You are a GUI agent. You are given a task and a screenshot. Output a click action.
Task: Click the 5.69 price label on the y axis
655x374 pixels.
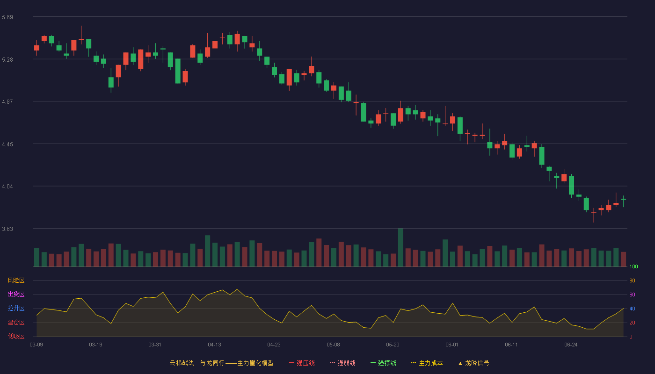[7, 17]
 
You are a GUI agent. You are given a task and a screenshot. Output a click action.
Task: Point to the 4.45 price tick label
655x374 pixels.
[7, 144]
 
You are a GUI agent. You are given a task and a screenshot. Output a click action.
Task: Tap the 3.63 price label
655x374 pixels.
[7, 229]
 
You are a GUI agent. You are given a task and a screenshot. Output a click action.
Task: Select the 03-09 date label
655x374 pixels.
[36, 345]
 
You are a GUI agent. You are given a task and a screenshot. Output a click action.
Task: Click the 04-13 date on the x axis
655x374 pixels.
[214, 345]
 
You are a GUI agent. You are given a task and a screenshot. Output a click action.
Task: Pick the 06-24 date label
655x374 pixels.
[571, 345]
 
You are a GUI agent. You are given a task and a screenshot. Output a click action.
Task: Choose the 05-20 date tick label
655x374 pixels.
[393, 345]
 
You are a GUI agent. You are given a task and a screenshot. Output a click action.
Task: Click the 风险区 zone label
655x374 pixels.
[16, 280]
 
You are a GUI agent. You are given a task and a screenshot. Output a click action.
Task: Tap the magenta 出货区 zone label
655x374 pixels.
[16, 294]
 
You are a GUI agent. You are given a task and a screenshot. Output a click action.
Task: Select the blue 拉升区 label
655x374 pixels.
[16, 308]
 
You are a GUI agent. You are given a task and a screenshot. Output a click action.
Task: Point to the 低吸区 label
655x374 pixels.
[16, 336]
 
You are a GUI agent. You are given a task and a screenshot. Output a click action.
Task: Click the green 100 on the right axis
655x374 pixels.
[633, 266]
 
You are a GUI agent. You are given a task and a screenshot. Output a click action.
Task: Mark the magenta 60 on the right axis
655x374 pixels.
[632, 295]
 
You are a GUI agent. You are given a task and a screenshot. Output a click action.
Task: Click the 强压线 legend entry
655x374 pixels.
[302, 363]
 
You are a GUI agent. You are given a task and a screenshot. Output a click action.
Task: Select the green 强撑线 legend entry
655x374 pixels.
[383, 363]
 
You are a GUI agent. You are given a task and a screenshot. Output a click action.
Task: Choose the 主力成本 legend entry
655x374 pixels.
[427, 363]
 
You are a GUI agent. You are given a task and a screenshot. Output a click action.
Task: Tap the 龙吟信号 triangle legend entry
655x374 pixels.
[473, 363]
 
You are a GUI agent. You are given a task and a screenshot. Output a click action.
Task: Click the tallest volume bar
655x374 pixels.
[400, 247]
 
